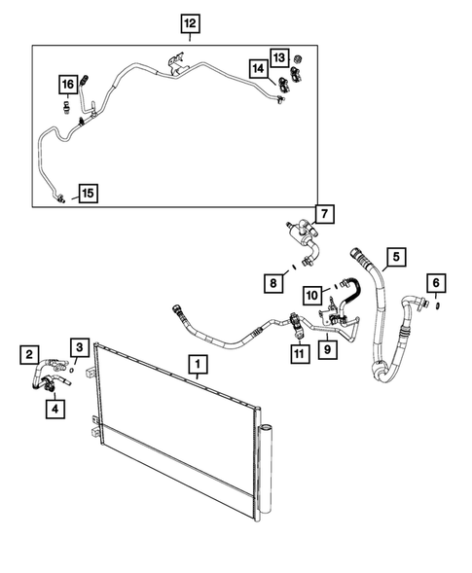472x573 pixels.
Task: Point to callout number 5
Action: point(394,258)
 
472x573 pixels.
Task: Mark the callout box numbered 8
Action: point(275,283)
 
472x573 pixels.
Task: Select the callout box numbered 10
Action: point(311,293)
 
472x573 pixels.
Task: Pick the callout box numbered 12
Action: point(189,22)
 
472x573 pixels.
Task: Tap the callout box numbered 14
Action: point(259,69)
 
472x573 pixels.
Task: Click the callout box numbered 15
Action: point(87,193)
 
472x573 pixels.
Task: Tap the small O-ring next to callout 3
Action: point(74,368)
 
